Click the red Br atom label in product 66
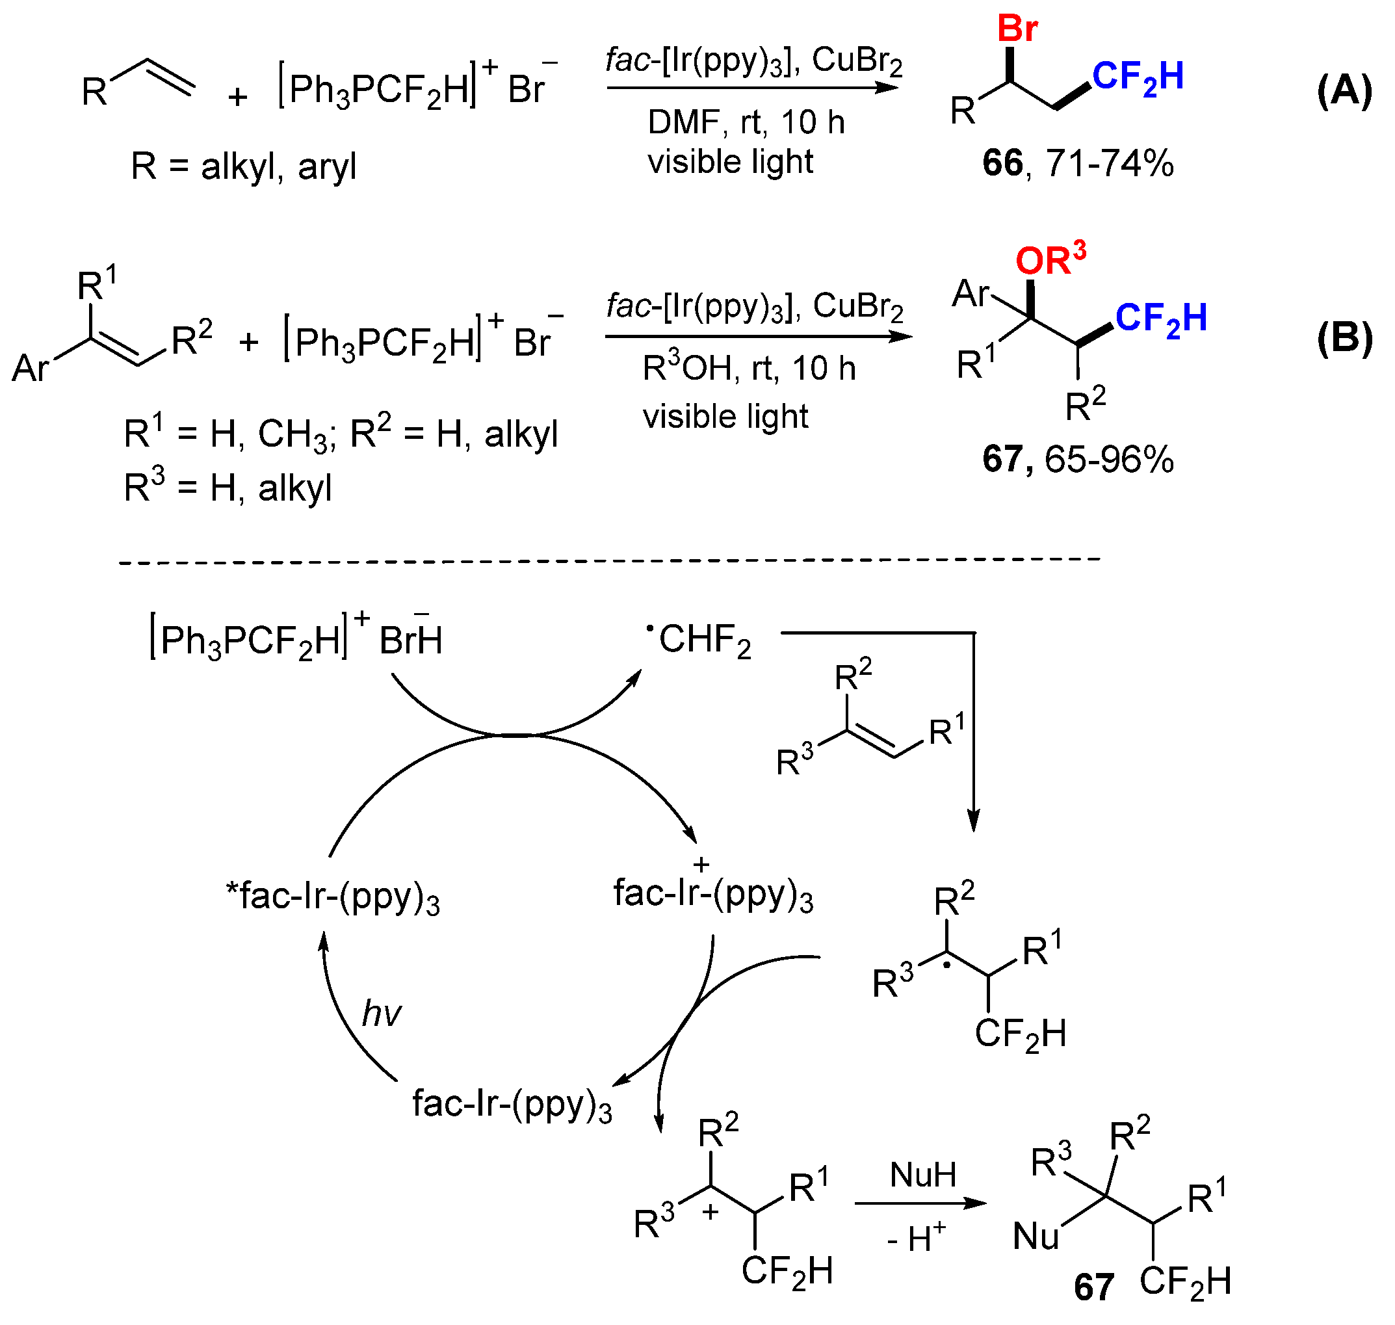[1017, 30]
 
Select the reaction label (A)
[1344, 91]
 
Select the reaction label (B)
[1344, 338]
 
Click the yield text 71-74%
[1109, 164]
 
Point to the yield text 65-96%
[1108, 460]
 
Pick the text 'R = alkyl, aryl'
[243, 167]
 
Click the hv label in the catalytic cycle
[381, 1014]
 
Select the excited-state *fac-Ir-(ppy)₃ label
[333, 897]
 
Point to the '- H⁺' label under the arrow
[916, 1238]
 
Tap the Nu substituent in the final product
[1035, 1237]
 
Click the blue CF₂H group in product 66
[1137, 77]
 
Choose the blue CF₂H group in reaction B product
[1160, 319]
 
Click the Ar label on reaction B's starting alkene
[31, 368]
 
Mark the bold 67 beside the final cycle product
[1093, 1287]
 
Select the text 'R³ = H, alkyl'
[228, 488]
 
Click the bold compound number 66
[1002, 164]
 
